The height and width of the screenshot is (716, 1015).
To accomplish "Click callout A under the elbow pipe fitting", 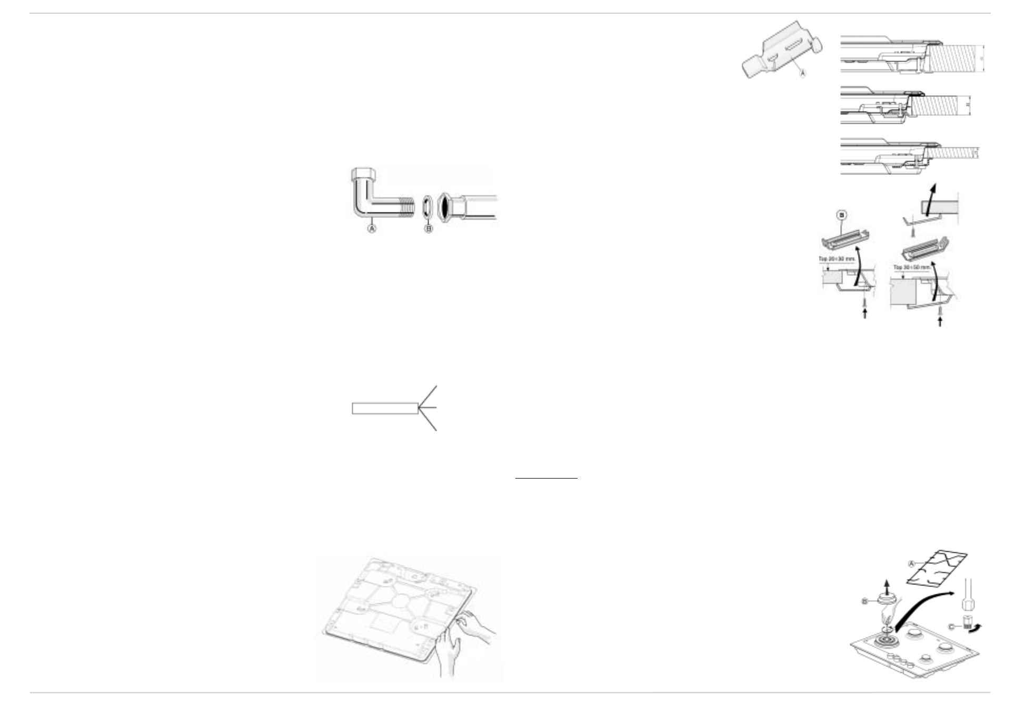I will pyautogui.click(x=372, y=229).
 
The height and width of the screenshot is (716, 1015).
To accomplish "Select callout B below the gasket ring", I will pyautogui.click(x=429, y=229).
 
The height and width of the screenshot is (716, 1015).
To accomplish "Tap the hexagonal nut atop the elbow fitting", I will pyautogui.click(x=362, y=174).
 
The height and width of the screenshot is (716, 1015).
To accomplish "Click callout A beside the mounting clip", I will pyautogui.click(x=803, y=74).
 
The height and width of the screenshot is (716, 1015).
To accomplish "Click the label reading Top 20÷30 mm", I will pyautogui.click(x=837, y=259).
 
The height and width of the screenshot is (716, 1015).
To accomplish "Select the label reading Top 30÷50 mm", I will pyautogui.click(x=911, y=267).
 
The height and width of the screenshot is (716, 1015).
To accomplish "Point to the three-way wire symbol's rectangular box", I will pyautogui.click(x=385, y=408).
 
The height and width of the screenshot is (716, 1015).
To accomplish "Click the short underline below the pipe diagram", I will pyautogui.click(x=546, y=478).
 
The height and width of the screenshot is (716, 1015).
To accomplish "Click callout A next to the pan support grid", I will pyautogui.click(x=912, y=563).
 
